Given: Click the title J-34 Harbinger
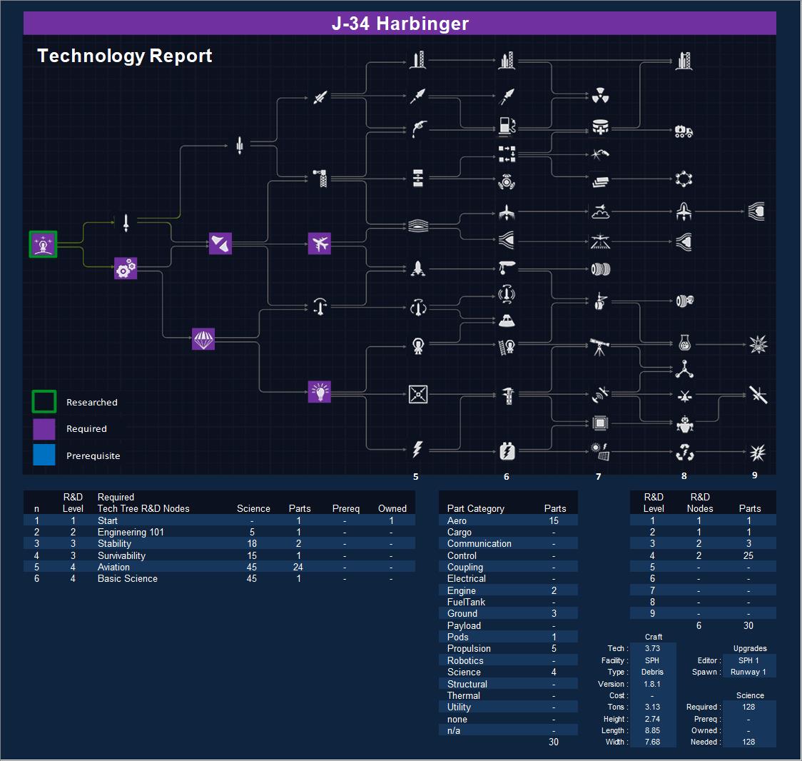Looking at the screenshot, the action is point(400,24).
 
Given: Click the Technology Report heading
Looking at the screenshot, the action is point(125,56).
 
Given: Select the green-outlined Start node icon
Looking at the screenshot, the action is point(43,244).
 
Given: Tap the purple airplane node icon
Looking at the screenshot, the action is point(320,243).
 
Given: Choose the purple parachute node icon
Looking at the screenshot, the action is point(203,339).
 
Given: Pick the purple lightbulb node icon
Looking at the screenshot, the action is point(320,392).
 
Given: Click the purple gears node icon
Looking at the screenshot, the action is point(126,268).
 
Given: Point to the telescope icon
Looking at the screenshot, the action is point(599,347).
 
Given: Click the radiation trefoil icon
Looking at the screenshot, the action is point(600,95).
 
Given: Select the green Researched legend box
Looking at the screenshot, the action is point(44,402).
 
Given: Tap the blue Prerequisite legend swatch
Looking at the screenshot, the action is point(44,455).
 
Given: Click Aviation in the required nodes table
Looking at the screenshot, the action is point(113,567).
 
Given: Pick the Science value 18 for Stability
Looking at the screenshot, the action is point(252,543).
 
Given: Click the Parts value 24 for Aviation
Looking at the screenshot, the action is point(298,567).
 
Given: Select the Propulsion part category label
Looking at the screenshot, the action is point(469,648).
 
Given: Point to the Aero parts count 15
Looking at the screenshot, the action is point(554,520).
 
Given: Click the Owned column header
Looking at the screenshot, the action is point(392,508).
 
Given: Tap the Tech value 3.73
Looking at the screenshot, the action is point(652,648).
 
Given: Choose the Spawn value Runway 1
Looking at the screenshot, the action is point(748,672).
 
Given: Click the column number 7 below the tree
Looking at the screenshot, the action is point(599,476).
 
